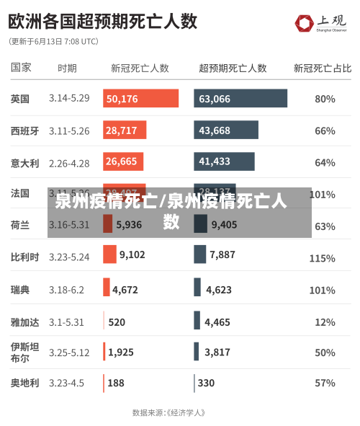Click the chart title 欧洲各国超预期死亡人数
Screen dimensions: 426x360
tap(103, 20)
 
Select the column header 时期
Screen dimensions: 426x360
tap(67, 68)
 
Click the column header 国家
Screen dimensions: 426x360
tap(21, 67)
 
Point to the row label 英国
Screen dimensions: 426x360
tap(20, 99)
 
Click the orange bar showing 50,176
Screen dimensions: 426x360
tap(140, 99)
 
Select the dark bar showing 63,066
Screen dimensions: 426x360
tap(240, 99)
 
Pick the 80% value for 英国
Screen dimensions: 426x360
tap(325, 99)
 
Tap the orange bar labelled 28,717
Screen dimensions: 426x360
tap(125, 130)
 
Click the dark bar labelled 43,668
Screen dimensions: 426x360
tap(225, 130)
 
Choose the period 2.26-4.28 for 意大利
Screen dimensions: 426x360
tap(69, 163)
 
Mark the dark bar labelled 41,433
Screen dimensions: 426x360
tap(223, 161)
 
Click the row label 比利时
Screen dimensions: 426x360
tap(24, 257)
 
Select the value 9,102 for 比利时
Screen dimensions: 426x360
tap(132, 254)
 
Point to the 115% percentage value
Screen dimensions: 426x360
tap(322, 258)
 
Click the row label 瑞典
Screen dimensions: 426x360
tap(20, 290)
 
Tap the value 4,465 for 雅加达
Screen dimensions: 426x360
tap(217, 322)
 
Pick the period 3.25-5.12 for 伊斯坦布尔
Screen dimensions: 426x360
tap(69, 352)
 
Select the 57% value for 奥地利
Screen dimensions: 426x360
tap(325, 383)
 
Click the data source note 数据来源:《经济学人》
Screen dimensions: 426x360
tap(170, 413)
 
